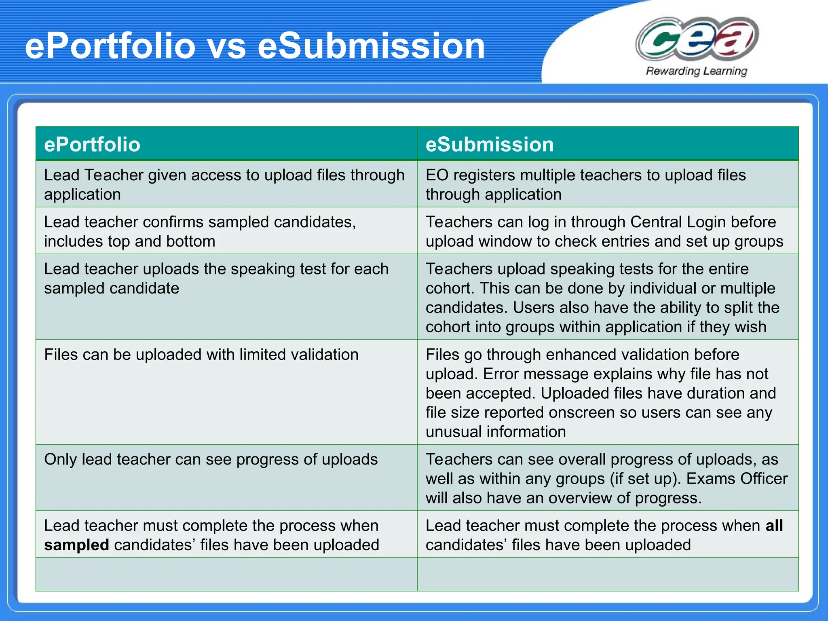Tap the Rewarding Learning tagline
(x=696, y=71)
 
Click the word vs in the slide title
(x=226, y=46)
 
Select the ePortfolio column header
(x=92, y=144)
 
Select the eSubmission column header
(x=490, y=144)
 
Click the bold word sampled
(x=76, y=545)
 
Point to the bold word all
(x=774, y=526)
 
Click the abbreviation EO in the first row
(x=437, y=175)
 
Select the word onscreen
(x=579, y=412)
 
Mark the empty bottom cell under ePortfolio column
(x=226, y=574)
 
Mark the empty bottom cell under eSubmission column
(x=608, y=574)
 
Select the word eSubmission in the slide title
(x=371, y=46)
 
